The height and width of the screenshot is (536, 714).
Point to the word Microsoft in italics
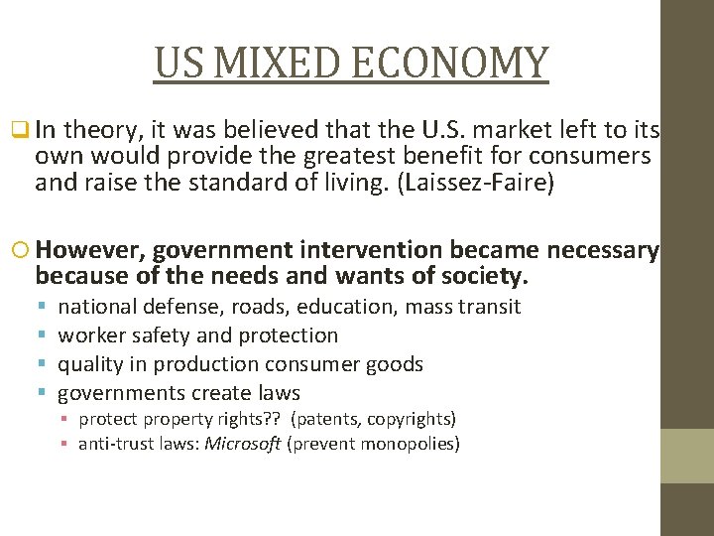pyautogui.click(x=243, y=444)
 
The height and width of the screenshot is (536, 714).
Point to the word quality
pyautogui.click(x=90, y=364)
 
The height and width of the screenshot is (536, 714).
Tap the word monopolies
pyautogui.click(x=408, y=444)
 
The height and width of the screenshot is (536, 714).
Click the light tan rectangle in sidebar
pyautogui.click(x=687, y=456)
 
